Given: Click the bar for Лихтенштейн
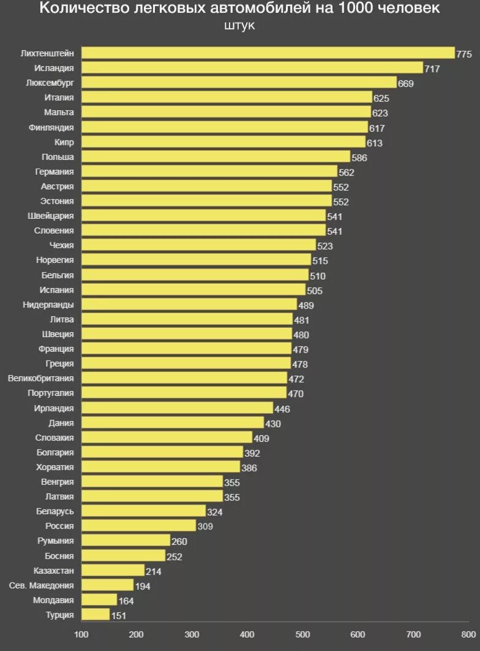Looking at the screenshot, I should [x=268, y=53].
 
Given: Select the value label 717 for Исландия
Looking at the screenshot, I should [x=432, y=69].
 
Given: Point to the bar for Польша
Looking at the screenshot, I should [x=216, y=157].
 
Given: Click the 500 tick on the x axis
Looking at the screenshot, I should [x=302, y=634].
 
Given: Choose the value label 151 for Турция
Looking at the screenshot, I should [x=119, y=615].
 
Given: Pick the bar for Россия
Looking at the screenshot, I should [x=138, y=526].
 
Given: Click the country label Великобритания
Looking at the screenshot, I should [x=41, y=378].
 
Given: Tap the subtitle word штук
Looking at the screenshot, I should [x=240, y=26].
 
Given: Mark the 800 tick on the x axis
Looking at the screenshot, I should [x=468, y=634].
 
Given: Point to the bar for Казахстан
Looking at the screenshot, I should [x=113, y=571].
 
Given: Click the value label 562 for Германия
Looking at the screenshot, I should [x=347, y=173].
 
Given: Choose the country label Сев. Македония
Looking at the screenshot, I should [x=42, y=585].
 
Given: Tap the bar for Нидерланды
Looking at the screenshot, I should [x=189, y=305].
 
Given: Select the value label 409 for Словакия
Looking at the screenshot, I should [x=261, y=438].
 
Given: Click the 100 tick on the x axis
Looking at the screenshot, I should [x=81, y=634].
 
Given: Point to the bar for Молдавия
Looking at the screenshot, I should [x=99, y=600].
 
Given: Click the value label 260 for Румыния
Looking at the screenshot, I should [x=179, y=542].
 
